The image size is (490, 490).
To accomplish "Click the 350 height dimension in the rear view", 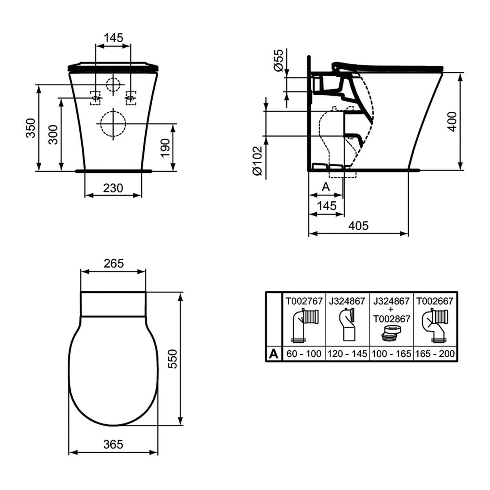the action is [x=31, y=128].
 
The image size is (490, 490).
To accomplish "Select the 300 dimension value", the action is [x=53, y=134].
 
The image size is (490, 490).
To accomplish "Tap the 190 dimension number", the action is [x=165, y=148].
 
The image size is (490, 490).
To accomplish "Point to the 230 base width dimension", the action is [x=113, y=188].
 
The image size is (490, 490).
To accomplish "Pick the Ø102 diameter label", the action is [x=257, y=161].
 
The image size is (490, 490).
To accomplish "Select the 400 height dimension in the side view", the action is [x=452, y=122].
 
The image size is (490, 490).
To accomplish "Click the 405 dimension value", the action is [x=358, y=225].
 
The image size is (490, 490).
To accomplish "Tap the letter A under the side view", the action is [x=326, y=187].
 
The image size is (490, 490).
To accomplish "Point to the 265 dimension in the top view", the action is [x=114, y=263].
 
